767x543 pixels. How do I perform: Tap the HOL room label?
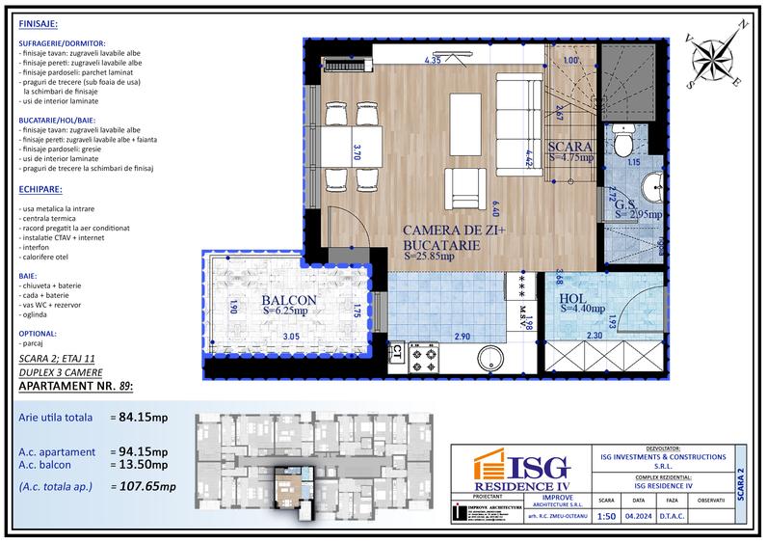pos(580,298)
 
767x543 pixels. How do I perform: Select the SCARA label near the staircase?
pos(569,149)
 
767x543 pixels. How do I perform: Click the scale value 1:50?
pos(606,516)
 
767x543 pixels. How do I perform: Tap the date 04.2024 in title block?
pos(638,516)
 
